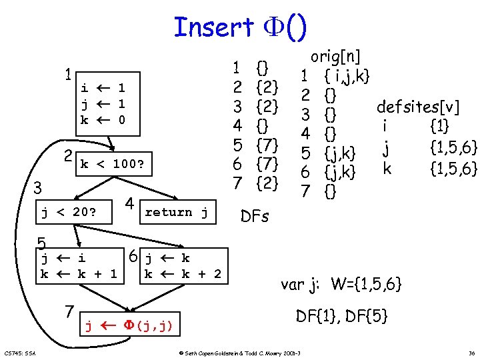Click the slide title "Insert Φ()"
click(240, 27)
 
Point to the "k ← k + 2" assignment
click(183, 273)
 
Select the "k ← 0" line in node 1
click(103, 120)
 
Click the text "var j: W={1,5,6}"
click(341, 285)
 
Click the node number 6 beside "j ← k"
click(133, 257)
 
